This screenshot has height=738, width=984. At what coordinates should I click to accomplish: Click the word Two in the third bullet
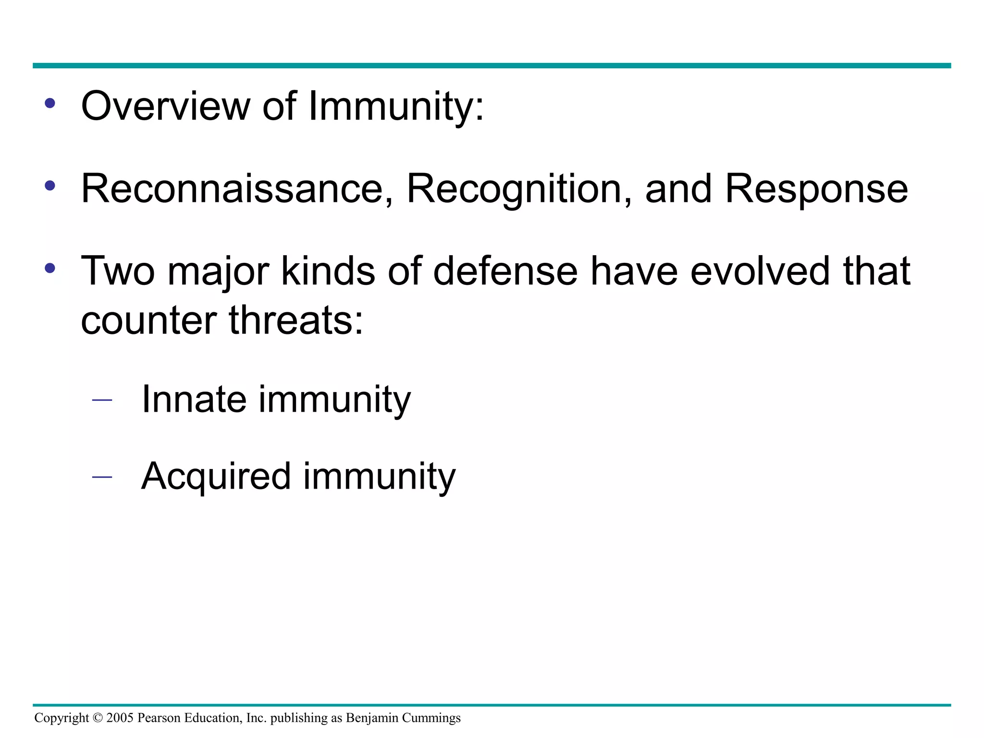(x=118, y=271)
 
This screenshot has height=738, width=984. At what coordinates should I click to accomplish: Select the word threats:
(x=296, y=320)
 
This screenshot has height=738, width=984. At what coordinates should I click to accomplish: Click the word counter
(x=148, y=320)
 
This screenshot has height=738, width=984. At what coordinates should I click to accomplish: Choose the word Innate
(x=194, y=399)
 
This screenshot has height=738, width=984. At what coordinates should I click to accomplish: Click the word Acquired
(x=216, y=476)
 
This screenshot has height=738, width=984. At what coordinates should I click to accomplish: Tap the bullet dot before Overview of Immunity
(x=50, y=103)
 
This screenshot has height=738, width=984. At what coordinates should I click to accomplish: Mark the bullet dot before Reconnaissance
(x=50, y=186)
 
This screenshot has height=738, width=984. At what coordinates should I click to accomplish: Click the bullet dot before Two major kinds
(x=50, y=269)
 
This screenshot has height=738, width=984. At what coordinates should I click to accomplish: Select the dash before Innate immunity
(x=102, y=400)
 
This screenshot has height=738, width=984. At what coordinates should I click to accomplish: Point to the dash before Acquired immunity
(x=102, y=477)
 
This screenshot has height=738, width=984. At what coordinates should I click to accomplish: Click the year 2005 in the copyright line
(x=120, y=718)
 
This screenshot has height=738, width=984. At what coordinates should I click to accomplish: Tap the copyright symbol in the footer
(x=98, y=718)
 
